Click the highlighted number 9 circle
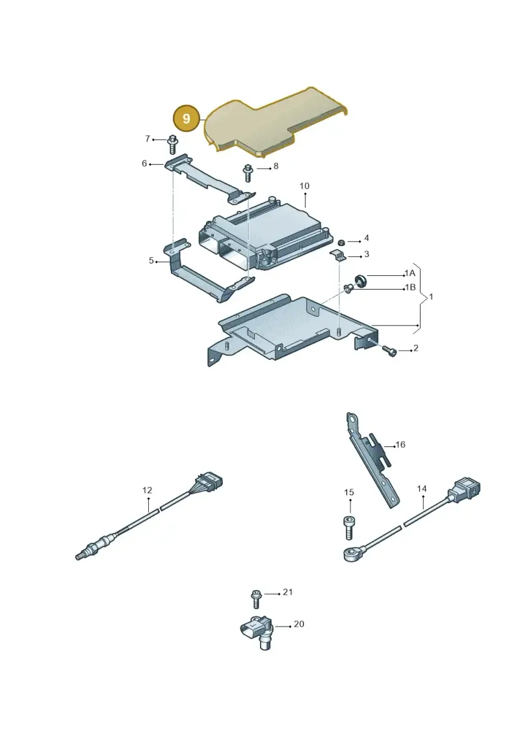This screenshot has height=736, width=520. (187, 118)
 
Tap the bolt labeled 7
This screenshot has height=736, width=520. (172, 144)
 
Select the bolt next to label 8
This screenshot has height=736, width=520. (248, 172)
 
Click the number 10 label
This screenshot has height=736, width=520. (304, 186)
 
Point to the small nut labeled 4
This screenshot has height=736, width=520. (342, 242)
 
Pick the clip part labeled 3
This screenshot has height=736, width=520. (338, 256)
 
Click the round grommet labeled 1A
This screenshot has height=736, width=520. (361, 280)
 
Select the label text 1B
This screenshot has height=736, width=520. (410, 287)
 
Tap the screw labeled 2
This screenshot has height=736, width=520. (389, 351)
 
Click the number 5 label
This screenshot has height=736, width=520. (151, 260)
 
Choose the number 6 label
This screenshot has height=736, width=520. (144, 163)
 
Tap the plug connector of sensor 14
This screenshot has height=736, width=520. (465, 490)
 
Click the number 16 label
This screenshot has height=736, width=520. (400, 444)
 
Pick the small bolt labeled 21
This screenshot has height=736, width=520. (256, 599)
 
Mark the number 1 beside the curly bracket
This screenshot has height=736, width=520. (431, 297)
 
